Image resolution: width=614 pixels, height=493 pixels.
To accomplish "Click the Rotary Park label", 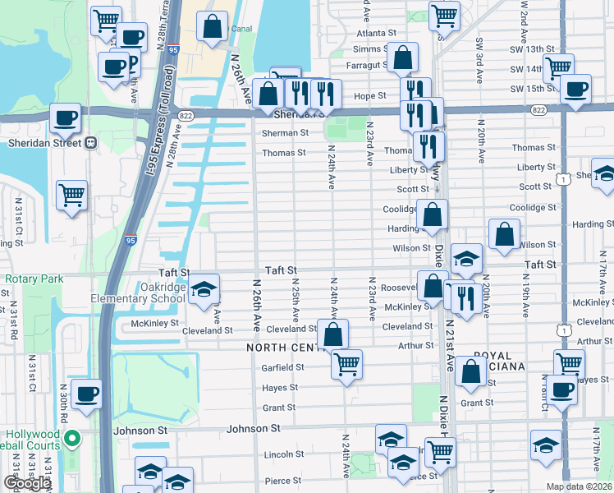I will [34, 279].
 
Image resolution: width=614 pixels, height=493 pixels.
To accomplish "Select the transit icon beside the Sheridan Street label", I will [91, 142].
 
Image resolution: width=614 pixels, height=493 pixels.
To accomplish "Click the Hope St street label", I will [369, 96].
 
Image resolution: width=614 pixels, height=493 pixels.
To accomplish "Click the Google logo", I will [27, 483].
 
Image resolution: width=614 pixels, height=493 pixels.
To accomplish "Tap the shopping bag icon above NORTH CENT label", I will [332, 334].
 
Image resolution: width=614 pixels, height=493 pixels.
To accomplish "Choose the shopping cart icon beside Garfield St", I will [347, 362].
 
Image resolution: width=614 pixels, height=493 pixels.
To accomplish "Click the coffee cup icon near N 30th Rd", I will [86, 394].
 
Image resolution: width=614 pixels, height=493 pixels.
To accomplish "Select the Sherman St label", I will [285, 132].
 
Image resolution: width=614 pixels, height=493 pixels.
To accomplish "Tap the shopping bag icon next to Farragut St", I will [402, 58].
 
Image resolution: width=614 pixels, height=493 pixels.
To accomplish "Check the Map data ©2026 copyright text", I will [580, 486].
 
